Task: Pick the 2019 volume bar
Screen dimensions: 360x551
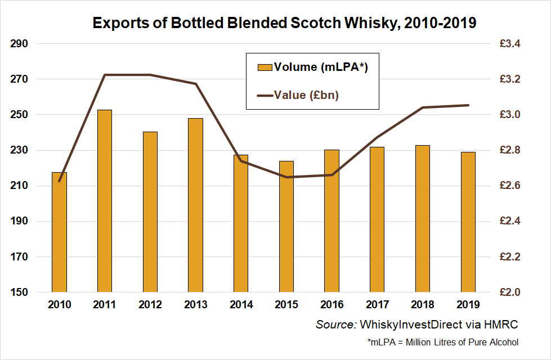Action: pyautogui.click(x=468, y=222)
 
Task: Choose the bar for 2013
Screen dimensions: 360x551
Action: pyautogui.click(x=196, y=205)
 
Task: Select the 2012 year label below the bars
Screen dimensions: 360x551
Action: pyautogui.click(x=150, y=304)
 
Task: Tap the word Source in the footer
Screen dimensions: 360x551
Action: pyautogui.click(x=335, y=325)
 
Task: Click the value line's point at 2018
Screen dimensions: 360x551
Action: pyautogui.click(x=423, y=107)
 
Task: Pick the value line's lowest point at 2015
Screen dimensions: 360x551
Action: pyautogui.click(x=286, y=177)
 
